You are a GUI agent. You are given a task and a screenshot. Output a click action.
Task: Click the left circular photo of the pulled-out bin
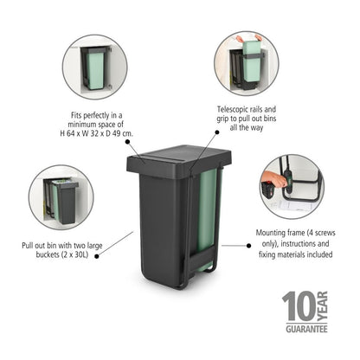coord(60,197)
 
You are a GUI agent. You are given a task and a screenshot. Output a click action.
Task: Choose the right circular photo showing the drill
coord(289,187)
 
